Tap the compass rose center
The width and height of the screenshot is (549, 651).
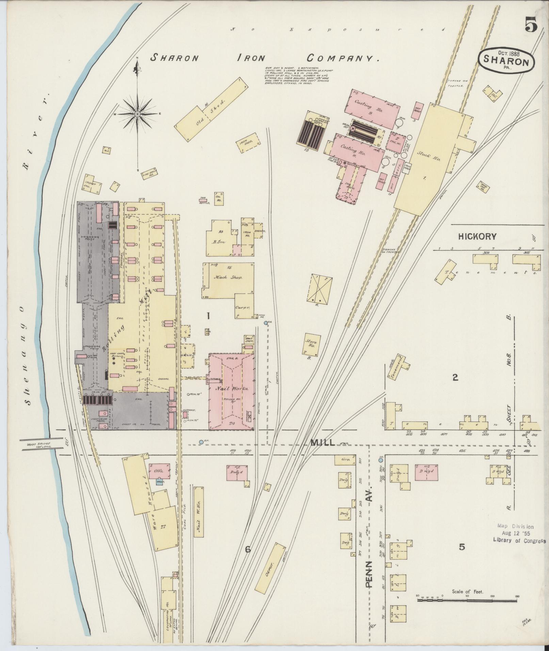(x=137, y=114)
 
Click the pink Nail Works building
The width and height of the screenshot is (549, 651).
(x=231, y=391)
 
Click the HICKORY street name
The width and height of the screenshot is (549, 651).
(x=477, y=237)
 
